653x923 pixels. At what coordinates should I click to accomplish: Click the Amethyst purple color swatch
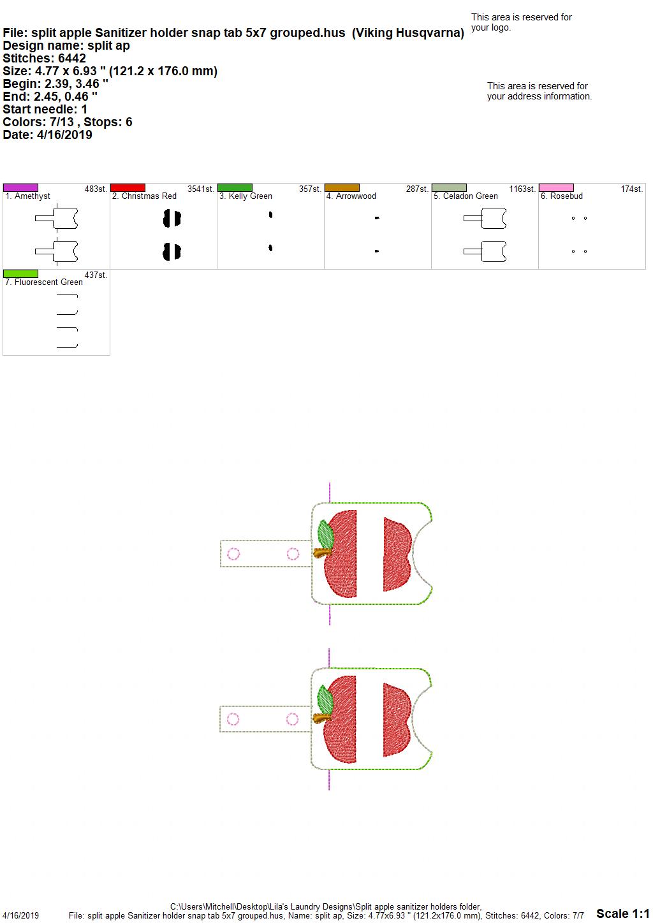pos(20,187)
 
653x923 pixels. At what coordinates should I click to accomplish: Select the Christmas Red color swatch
pos(128,187)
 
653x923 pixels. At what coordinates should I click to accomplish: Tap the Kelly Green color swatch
pos(235,187)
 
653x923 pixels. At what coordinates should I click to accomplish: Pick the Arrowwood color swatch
pos(342,187)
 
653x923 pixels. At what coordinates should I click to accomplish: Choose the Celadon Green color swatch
pos(450,187)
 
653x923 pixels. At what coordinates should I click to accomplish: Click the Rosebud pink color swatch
pos(557,187)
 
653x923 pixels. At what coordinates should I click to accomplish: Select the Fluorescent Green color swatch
pos(20,273)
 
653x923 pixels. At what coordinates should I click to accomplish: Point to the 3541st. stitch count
pos(201,189)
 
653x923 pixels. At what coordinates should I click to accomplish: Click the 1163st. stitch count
pos(522,189)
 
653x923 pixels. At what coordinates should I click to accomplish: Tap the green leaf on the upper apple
pos(326,534)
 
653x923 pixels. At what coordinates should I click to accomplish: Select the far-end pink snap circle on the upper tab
pos(233,554)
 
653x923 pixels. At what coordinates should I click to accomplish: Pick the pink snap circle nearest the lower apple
pos(292,720)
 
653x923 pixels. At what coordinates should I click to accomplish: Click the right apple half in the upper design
pos(396,555)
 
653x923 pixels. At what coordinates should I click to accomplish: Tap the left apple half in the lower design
pos(341,720)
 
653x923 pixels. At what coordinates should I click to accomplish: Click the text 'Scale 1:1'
pos(623,913)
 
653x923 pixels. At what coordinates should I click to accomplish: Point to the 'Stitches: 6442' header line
pos(44,58)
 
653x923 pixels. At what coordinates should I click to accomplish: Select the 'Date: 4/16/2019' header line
pos(47,134)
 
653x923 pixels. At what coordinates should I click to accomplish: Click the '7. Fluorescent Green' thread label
pos(44,282)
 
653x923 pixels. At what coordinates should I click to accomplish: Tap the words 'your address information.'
pos(539,96)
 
